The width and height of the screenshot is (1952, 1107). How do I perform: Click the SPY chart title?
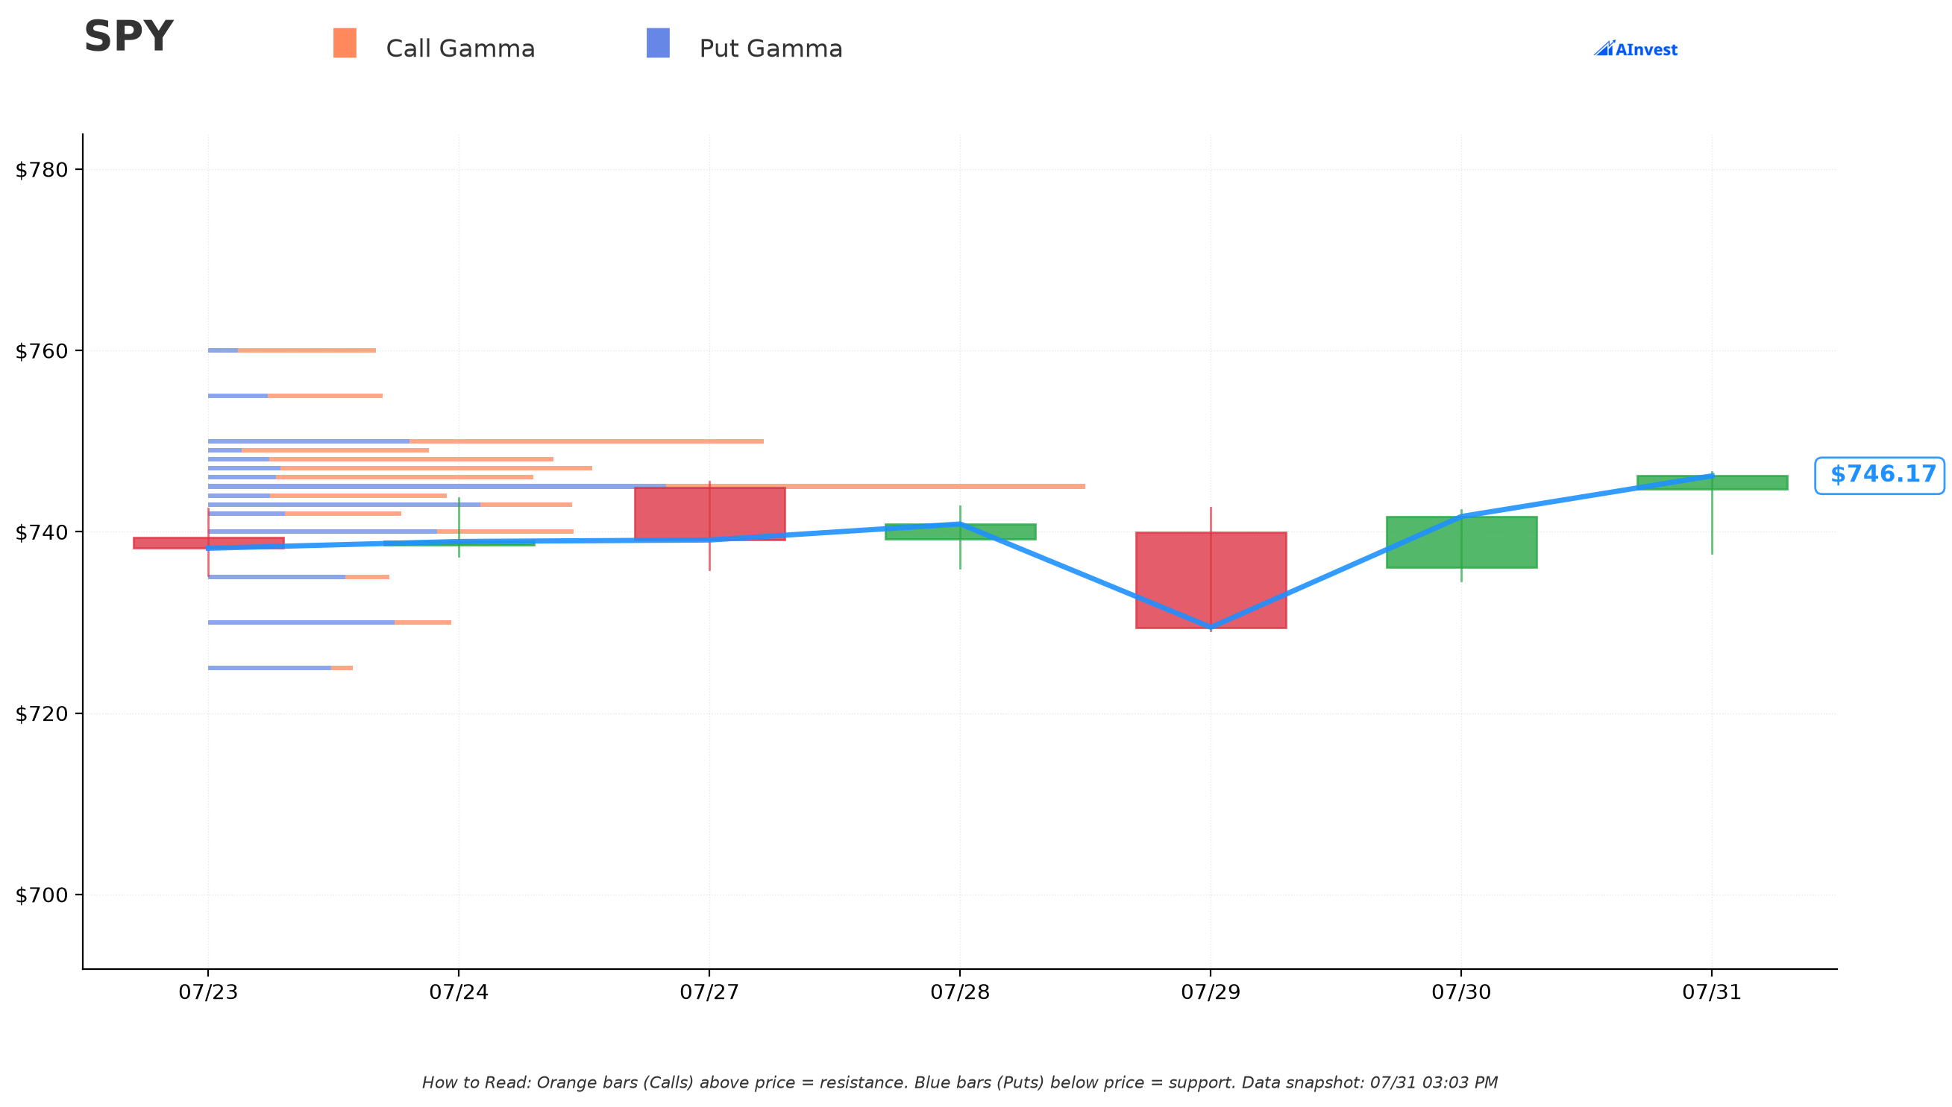pyautogui.click(x=128, y=37)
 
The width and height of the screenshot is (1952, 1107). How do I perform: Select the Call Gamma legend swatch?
pyautogui.click(x=345, y=42)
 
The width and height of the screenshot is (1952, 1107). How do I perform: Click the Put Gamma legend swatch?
pyautogui.click(x=658, y=42)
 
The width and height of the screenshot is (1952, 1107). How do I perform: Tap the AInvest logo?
pyautogui.click(x=1636, y=49)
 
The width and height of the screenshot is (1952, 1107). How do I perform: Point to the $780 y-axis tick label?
pyautogui.click(x=42, y=169)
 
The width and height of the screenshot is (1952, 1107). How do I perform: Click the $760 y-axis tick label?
pyautogui.click(x=42, y=351)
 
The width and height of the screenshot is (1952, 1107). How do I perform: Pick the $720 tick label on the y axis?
pyautogui.click(x=42, y=714)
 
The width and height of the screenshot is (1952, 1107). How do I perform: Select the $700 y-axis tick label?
pyautogui.click(x=42, y=895)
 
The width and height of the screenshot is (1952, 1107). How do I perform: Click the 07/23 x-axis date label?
pyautogui.click(x=208, y=993)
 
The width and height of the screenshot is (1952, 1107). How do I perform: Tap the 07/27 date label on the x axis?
pyautogui.click(x=710, y=993)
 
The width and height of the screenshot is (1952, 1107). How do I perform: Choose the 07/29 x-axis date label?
pyautogui.click(x=1211, y=993)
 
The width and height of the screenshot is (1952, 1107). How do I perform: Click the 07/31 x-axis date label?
pyautogui.click(x=1713, y=993)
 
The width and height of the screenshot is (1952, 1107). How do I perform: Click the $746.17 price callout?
pyautogui.click(x=1880, y=475)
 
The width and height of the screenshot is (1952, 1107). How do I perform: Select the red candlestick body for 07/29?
pyautogui.click(x=1211, y=580)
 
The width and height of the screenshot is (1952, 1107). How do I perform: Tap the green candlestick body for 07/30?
pyautogui.click(x=1461, y=542)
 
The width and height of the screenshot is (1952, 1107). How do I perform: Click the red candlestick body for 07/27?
pyautogui.click(x=710, y=514)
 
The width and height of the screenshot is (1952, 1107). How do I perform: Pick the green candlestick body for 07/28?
pyautogui.click(x=960, y=532)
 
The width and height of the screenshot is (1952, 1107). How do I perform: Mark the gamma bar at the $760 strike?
pyautogui.click(x=292, y=350)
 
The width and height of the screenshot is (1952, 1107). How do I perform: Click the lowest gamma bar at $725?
pyautogui.click(x=280, y=669)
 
